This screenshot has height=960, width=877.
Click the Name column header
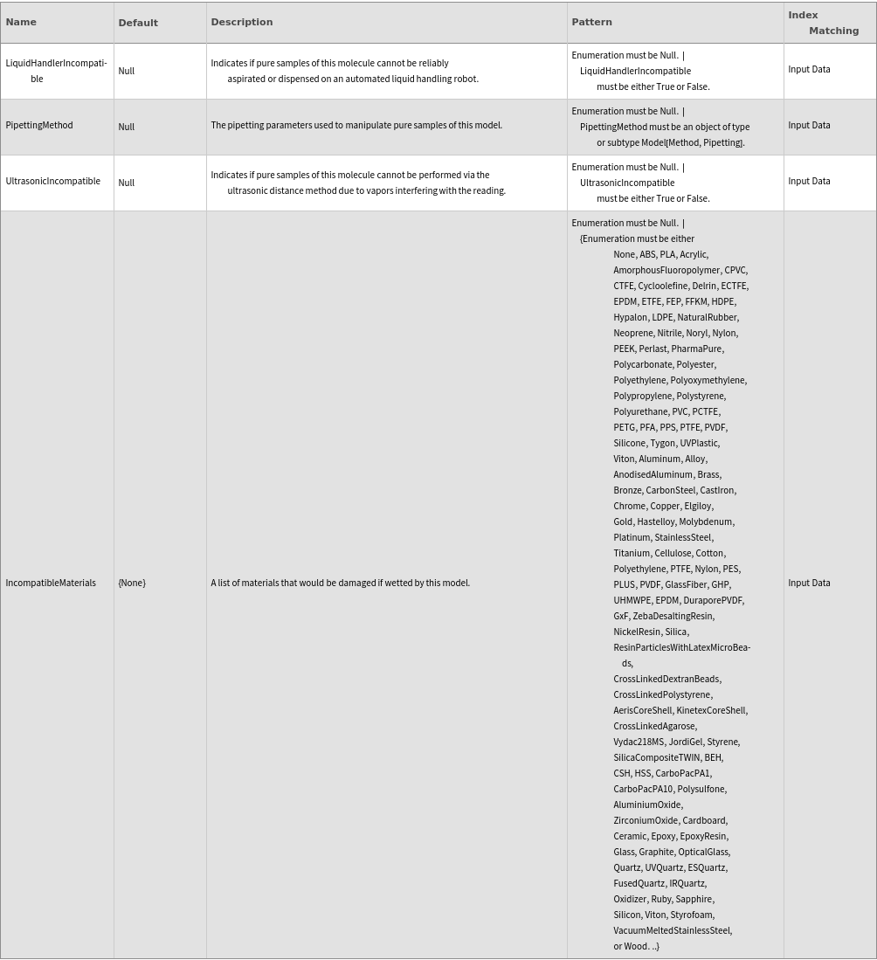tap(21, 23)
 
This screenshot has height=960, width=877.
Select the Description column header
tap(242, 23)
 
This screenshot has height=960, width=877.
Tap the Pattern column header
tap(591, 23)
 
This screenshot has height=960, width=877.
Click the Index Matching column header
tap(823, 23)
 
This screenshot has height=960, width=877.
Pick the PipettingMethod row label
tap(39, 126)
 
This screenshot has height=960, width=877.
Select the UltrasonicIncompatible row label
tap(52, 182)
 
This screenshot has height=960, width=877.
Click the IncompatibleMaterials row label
tap(51, 584)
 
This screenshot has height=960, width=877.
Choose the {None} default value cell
tap(132, 584)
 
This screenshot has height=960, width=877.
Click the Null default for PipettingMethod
tap(127, 127)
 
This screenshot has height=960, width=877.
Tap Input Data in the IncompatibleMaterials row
tap(809, 584)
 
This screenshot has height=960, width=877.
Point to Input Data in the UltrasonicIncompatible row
tap(809, 182)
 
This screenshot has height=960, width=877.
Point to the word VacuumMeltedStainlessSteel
tap(672, 931)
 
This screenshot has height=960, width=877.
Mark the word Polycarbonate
tap(642, 365)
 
